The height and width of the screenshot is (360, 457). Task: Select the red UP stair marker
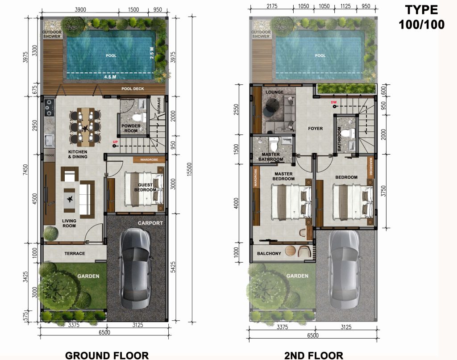(x=115, y=143)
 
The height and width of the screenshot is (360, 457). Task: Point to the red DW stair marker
(x=333, y=103)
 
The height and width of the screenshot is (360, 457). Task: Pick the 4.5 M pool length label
(x=110, y=76)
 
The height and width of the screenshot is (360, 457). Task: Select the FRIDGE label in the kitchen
(x=49, y=155)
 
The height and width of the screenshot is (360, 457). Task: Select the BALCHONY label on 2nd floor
(x=269, y=254)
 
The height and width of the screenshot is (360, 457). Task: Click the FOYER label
(x=315, y=129)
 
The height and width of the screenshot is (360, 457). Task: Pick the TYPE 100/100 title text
(x=421, y=17)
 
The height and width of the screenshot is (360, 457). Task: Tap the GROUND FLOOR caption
(x=107, y=355)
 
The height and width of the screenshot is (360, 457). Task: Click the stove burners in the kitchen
(x=48, y=108)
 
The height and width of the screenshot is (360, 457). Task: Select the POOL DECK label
(x=133, y=89)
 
